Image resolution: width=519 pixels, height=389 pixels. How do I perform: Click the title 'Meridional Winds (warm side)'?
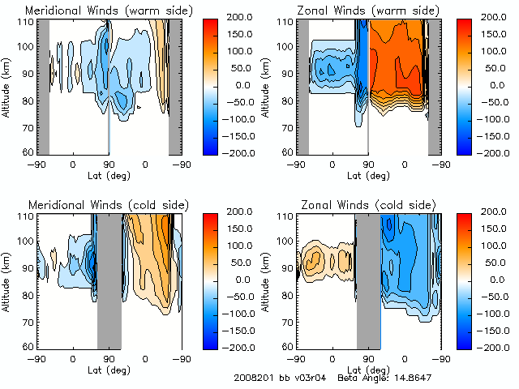click(109, 11)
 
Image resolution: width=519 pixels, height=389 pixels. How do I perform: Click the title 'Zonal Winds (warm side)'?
click(369, 11)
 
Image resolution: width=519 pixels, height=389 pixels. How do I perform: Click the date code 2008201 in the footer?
click(254, 378)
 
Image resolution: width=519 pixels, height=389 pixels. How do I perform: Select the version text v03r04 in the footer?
click(311, 378)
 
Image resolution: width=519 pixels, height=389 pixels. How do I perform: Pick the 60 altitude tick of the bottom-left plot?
click(27, 346)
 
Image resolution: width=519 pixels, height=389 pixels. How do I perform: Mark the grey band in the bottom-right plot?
click(369, 280)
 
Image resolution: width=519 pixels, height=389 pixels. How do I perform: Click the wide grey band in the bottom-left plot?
click(109, 280)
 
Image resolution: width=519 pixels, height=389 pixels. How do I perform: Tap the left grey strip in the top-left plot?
click(44, 85)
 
